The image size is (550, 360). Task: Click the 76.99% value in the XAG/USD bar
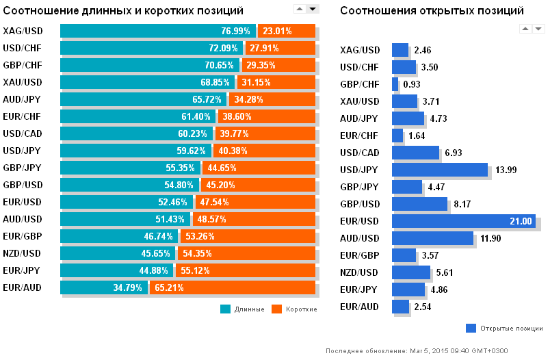[x=236, y=31]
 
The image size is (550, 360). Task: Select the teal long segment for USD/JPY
[x=137, y=151]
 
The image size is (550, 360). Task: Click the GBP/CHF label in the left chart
[x=22, y=65]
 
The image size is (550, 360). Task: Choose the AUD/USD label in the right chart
[x=360, y=238]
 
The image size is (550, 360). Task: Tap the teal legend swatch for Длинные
[x=225, y=309]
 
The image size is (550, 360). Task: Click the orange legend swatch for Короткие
[x=276, y=309]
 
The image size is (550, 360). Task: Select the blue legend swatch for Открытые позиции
[x=471, y=328]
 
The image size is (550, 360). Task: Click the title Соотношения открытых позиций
[x=432, y=11]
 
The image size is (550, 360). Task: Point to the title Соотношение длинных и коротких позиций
[x=123, y=11]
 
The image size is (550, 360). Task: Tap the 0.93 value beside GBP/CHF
[x=412, y=84]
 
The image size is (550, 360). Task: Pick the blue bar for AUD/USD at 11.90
[x=432, y=238]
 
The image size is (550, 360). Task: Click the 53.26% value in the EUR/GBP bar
[x=199, y=236]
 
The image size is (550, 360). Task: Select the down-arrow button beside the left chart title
[x=313, y=8]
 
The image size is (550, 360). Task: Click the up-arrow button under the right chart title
[x=525, y=28]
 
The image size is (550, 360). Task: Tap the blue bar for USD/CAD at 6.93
[x=415, y=153]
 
